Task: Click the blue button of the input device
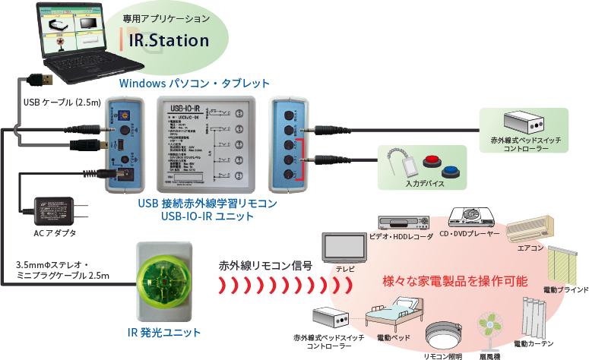point(454,169)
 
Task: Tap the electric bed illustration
point(394,317)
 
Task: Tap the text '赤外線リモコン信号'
point(265,266)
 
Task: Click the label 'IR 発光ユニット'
point(164,333)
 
